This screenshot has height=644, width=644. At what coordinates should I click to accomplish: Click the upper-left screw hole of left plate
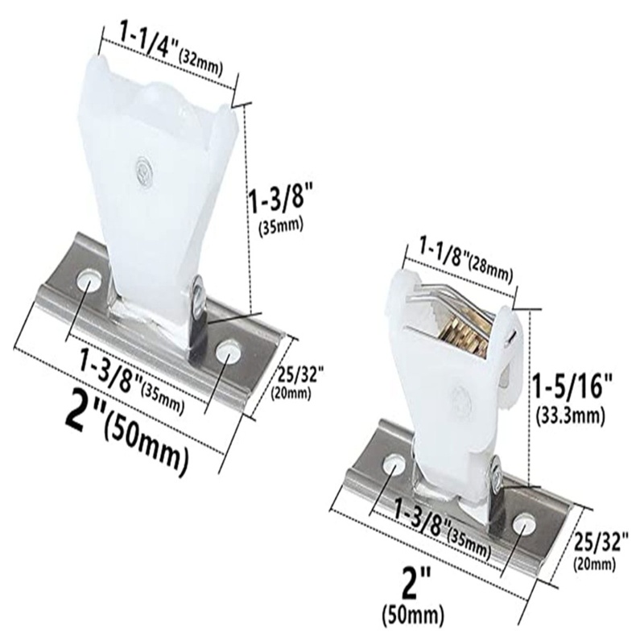pos(86,281)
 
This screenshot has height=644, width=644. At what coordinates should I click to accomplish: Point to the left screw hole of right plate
pos(394,464)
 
